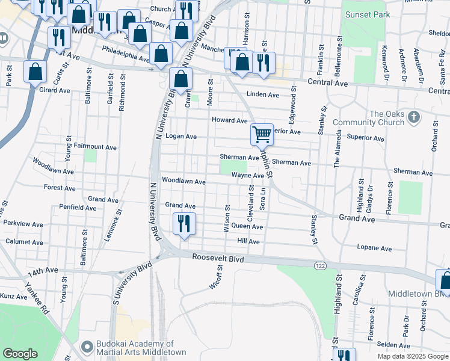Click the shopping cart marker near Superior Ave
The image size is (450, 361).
(x=262, y=134)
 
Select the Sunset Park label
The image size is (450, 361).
(x=365, y=14)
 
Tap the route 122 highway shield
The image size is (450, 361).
(x=319, y=265)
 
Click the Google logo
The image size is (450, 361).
(x=20, y=354)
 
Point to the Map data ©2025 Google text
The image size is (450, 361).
(x=412, y=356)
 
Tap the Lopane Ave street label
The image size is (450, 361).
(x=374, y=248)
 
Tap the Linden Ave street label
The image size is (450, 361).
(x=263, y=95)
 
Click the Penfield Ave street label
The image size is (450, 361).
(x=78, y=208)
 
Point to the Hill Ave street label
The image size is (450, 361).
(x=248, y=241)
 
